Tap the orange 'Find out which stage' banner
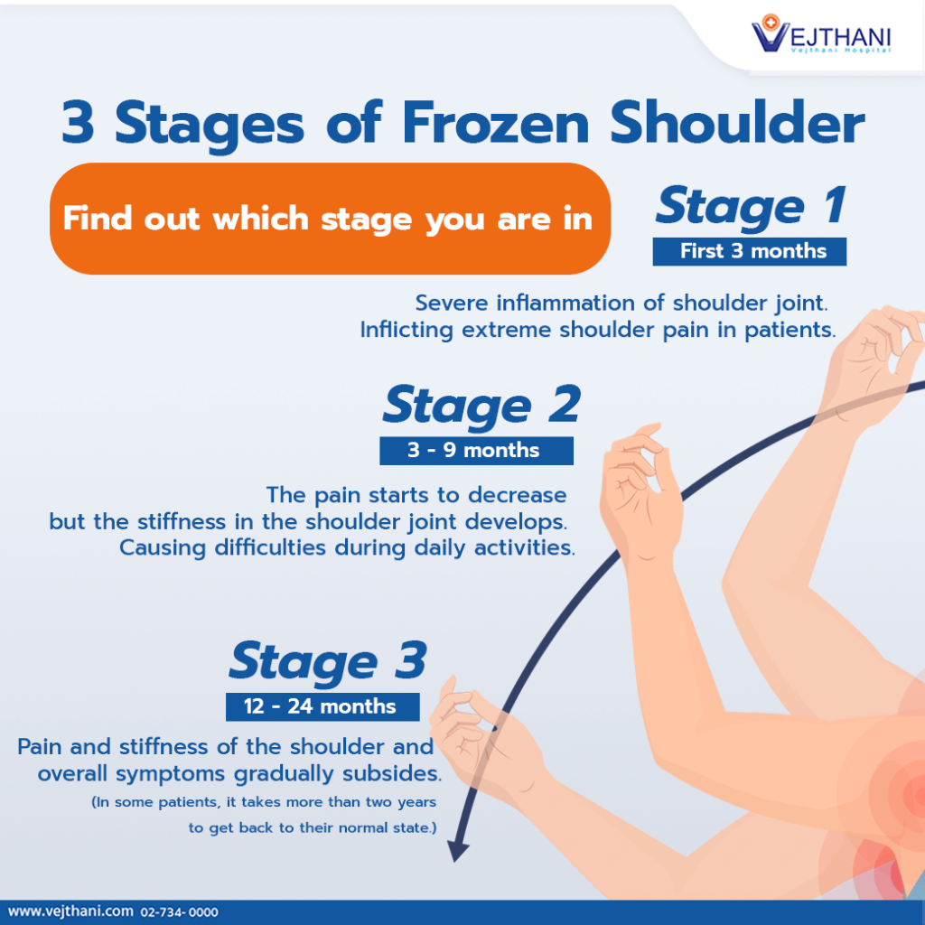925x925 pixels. [x=329, y=219]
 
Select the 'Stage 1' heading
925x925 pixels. [x=751, y=206]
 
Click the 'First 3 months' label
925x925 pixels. [x=749, y=251]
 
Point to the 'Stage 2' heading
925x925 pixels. [x=481, y=406]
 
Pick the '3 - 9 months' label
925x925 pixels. [x=475, y=451]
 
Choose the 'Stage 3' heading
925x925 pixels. [x=327, y=661]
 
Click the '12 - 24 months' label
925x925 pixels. [x=322, y=706]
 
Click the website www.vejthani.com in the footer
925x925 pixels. [x=70, y=911]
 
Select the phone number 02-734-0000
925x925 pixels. [x=179, y=912]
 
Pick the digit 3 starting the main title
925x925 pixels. [x=78, y=124]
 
